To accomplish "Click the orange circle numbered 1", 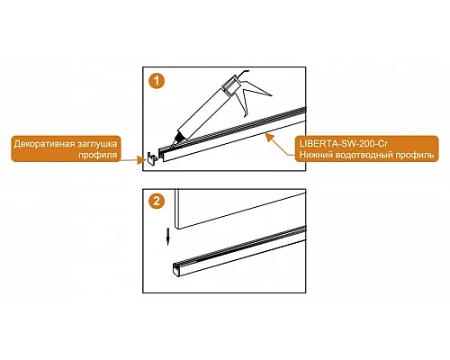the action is pyautogui.click(x=157, y=81).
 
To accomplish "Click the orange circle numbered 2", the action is pyautogui.click(x=157, y=201).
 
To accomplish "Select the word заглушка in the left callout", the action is pyautogui.click(x=95, y=144).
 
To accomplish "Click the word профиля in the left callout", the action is pyautogui.click(x=97, y=155).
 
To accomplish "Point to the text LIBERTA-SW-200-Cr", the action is pyautogui.click(x=343, y=144).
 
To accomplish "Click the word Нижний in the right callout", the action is pyautogui.click(x=316, y=155).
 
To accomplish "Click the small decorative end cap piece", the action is pyautogui.click(x=152, y=157).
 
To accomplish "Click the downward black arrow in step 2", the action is pyautogui.click(x=168, y=237).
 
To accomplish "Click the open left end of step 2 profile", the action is pyautogui.click(x=176, y=269).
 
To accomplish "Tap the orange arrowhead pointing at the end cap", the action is pyautogui.click(x=140, y=160).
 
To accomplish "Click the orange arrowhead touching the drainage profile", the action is pyautogui.click(x=270, y=138).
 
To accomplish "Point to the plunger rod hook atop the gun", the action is pyautogui.click(x=244, y=73).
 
